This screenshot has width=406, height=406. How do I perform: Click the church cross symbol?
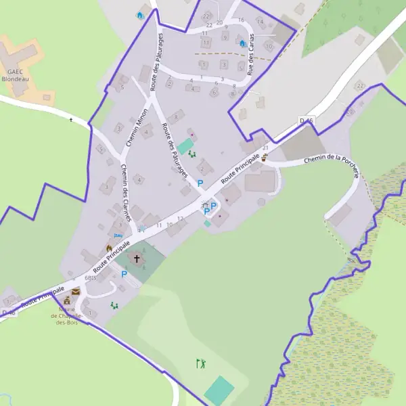coord(137,258)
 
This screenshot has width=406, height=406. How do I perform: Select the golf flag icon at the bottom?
coord(200,364)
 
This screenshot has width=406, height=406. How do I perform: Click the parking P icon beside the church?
coord(124,274)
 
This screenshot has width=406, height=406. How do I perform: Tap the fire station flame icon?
coord(109,248)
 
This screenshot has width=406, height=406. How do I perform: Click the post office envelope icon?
coord(76,290)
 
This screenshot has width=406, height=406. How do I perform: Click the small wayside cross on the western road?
coord(71,120)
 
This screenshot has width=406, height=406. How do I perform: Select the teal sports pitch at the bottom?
coord(219,390)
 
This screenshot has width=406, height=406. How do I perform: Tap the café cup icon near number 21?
coord(264,156)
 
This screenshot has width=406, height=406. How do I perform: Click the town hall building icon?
coord(67,300)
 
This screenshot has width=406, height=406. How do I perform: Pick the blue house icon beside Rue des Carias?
coord(242,43)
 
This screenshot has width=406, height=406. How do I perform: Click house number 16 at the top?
coord(241,20)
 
